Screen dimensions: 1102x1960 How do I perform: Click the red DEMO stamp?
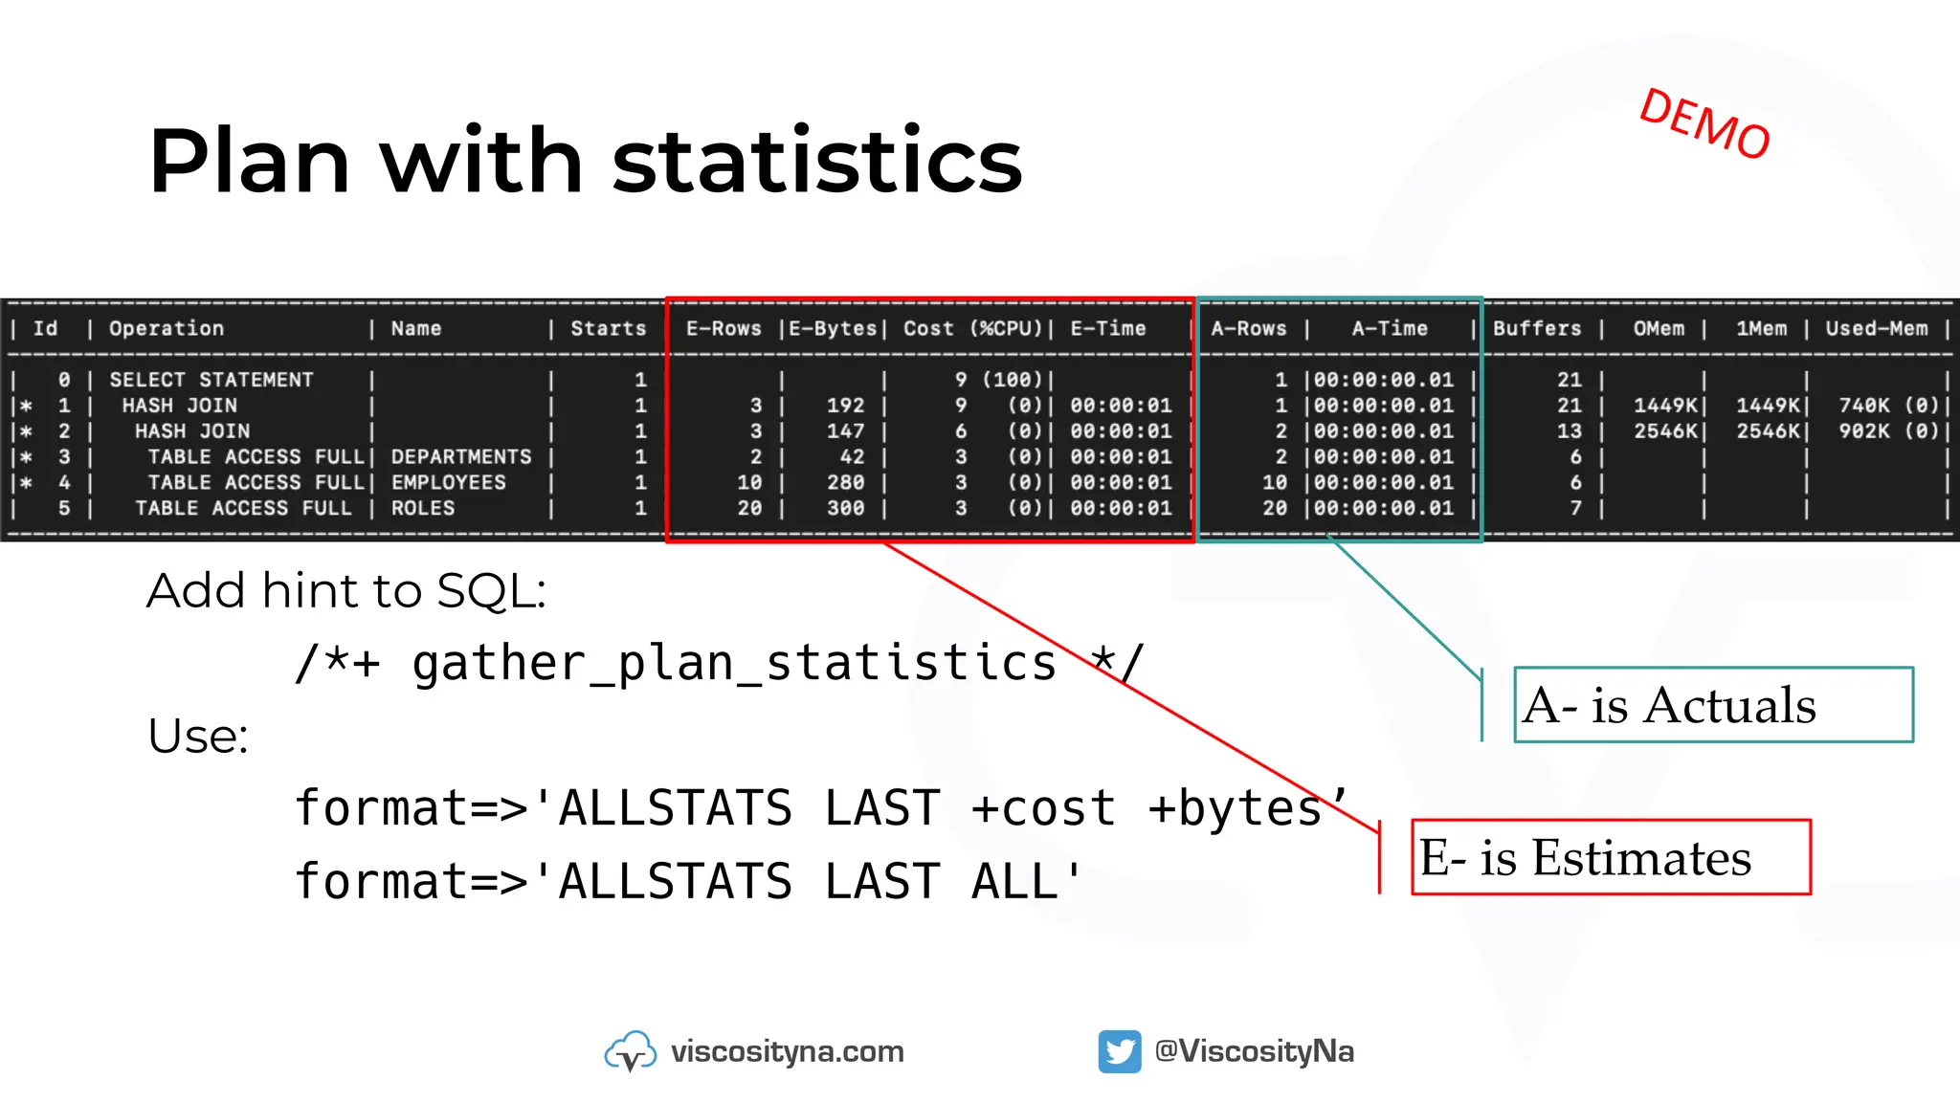[x=1704, y=124]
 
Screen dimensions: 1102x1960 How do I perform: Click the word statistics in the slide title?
[x=817, y=161]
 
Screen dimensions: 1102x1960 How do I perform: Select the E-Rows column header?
[x=724, y=328]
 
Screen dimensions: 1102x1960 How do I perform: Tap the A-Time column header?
[x=1390, y=328]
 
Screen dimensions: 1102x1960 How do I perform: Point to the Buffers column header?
[x=1537, y=328]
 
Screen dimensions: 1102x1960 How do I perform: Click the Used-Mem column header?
[x=1876, y=328]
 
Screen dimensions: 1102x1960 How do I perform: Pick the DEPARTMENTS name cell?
[x=460, y=457]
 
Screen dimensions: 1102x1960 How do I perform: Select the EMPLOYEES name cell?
[x=448, y=483]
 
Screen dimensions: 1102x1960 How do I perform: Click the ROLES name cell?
[x=422, y=508]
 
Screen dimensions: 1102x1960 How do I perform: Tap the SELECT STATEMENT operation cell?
[x=211, y=380]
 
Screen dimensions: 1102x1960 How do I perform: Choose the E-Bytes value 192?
[x=845, y=406]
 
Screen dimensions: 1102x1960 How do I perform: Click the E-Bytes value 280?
[x=845, y=483]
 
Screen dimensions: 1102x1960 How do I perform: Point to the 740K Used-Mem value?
[x=1864, y=406]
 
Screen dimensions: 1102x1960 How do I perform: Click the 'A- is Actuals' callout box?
[x=1712, y=705]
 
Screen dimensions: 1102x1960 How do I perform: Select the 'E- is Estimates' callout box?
[x=1611, y=857]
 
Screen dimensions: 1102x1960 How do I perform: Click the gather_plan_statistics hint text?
[x=734, y=663]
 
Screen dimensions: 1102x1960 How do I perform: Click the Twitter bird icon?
[x=1119, y=1051]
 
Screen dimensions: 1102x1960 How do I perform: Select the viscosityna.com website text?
[x=787, y=1051]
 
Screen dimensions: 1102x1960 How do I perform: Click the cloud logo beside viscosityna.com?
[x=630, y=1051]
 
